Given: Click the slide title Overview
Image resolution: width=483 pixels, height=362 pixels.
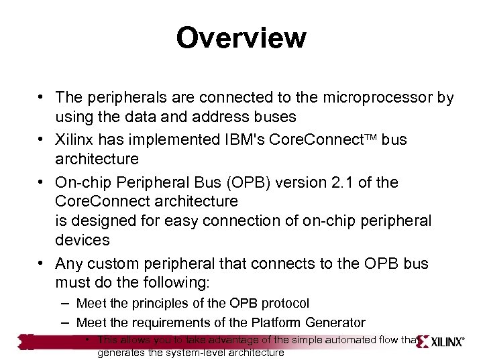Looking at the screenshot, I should coord(241,38).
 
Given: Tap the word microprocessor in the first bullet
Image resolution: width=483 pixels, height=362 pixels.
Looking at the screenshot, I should coord(374,98).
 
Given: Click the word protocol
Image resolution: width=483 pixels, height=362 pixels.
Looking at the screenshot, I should coord(286,304).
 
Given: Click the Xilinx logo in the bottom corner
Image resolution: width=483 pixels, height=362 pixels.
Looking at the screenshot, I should coord(440,340).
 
